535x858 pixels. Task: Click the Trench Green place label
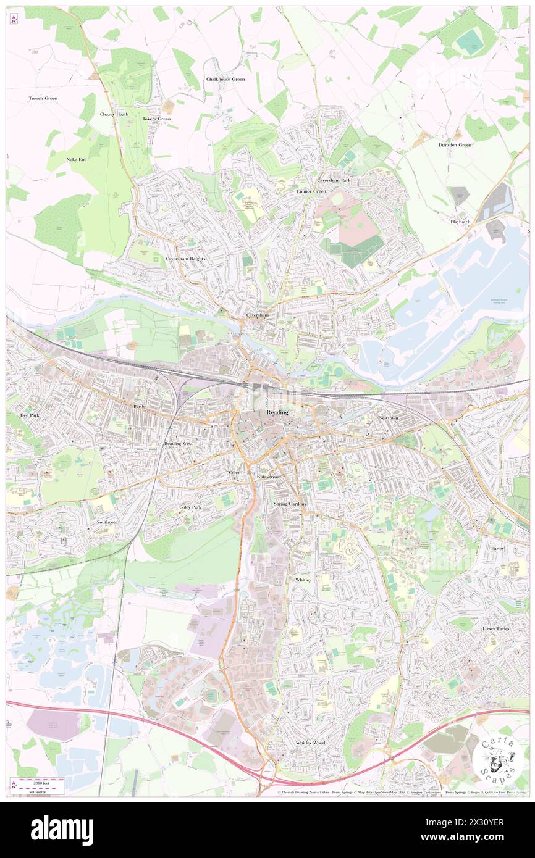pos(43,98)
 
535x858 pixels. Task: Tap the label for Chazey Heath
pos(114,114)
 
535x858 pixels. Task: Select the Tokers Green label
pos(156,119)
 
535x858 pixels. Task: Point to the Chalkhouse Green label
pos(225,79)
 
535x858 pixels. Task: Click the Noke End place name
pos(77,159)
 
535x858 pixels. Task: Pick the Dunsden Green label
pos(455,144)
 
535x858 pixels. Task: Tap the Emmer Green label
pos(311,191)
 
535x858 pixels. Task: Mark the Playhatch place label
pos(460,221)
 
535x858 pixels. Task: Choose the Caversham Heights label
pos(185,259)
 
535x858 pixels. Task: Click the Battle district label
pos(139,407)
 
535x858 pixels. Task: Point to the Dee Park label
pos(30,415)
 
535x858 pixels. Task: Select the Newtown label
pos(389,418)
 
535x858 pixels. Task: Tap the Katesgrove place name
pos(268,477)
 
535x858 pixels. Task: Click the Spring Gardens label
pos(290,504)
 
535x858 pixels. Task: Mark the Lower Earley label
pos(496,628)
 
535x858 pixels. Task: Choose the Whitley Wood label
pos(310,743)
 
